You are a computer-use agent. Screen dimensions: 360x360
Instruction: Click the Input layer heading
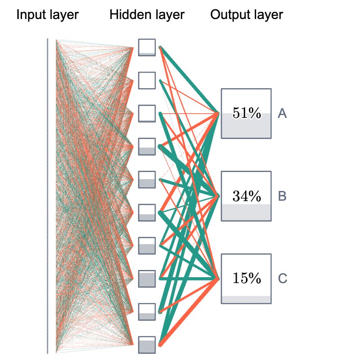[47, 15]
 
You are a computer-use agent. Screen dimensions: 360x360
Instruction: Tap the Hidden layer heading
[147, 15]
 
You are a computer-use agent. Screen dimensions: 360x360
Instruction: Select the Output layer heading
[246, 15]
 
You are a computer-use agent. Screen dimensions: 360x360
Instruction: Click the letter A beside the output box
[282, 113]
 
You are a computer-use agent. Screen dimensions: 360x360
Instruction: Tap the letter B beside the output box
[282, 196]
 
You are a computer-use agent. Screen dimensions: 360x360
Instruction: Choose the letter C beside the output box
[282, 278]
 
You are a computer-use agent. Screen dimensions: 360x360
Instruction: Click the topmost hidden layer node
[147, 47]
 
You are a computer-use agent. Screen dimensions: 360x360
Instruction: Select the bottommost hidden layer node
[147, 345]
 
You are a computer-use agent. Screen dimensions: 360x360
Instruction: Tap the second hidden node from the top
[147, 80]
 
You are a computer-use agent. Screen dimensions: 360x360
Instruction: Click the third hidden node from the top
[147, 113]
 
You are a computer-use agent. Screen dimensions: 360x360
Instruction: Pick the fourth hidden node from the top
[147, 146]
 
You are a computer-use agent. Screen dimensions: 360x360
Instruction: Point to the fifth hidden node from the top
[147, 180]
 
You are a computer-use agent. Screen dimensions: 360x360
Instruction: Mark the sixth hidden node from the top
[147, 213]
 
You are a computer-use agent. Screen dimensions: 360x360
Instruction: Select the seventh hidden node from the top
[147, 245]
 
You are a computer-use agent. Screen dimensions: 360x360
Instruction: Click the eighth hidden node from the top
[147, 278]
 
